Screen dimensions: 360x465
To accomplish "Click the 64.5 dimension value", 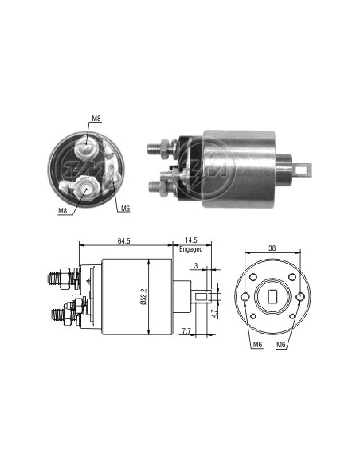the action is tap(123, 240).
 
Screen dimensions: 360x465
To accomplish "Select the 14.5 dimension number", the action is tap(191, 240).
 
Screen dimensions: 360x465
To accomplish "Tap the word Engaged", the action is tap(190, 249).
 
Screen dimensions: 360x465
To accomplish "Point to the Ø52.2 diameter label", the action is tap(143, 296).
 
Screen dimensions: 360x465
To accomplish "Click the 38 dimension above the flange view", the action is tap(272, 248).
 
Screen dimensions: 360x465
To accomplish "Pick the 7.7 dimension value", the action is tap(186, 331).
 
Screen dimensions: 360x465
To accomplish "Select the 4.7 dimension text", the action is tap(214, 314).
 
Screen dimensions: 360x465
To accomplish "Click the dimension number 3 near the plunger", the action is tap(196, 266).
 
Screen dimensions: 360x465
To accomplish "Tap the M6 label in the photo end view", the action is tap(125, 209).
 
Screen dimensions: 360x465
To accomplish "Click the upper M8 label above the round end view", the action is tap(96, 119).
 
